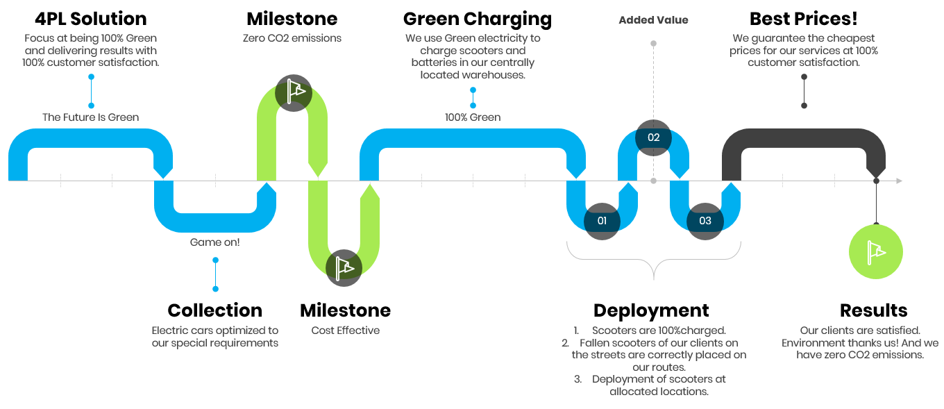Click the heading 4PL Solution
tap(91, 19)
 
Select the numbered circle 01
tap(602, 221)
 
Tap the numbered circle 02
tap(653, 137)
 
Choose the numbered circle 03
tap(705, 221)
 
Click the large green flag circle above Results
tap(876, 251)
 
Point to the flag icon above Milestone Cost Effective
tap(344, 267)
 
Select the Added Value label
tap(653, 20)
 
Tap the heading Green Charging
tap(478, 19)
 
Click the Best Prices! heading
tap(803, 19)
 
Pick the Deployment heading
tap(651, 310)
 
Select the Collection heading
tap(215, 310)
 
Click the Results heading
tap(873, 310)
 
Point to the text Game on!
tap(215, 242)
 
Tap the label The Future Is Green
tap(91, 117)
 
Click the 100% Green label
tap(473, 117)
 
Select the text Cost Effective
tap(346, 331)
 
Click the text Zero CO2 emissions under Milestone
tap(293, 38)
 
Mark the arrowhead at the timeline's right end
tap(899, 181)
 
